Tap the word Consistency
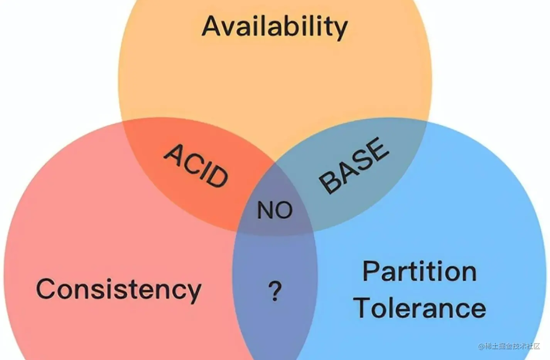[118, 289]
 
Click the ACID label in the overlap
[196, 165]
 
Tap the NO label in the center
[275, 210]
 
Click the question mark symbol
[275, 291]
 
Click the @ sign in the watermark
[481, 346]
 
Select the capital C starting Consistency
[47, 289]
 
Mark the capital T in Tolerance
[365, 308]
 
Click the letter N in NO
[265, 211]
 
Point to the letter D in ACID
[216, 176]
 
